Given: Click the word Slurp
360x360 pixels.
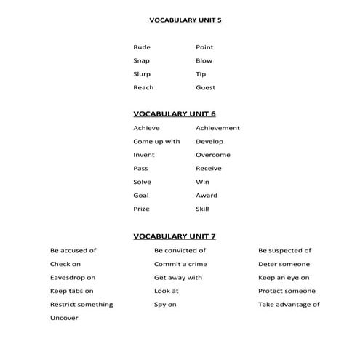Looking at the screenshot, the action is point(142,74).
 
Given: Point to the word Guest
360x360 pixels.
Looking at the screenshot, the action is point(205,88).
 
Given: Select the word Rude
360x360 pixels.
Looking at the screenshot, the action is point(141,47).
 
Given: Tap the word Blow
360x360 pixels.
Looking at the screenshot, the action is point(204,61).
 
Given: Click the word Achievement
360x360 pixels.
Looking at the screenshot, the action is point(217,128).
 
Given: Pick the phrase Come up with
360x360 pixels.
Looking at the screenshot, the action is point(156,142).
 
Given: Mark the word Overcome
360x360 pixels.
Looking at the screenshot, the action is point(212,155).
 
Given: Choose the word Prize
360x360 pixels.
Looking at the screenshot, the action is point(141,209).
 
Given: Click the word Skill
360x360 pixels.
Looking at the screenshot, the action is point(202,209).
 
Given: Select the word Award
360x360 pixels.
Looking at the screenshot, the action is point(206,196).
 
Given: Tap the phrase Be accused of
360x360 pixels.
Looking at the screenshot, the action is point(73,250).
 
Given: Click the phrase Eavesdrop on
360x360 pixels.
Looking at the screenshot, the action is point(72,278).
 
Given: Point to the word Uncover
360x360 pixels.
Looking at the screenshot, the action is point(64,318).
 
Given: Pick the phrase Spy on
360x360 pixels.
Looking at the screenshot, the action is point(165,305).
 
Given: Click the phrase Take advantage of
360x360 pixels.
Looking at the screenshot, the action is point(289,305).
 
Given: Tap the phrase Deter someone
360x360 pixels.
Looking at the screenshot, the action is point(284,264).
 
